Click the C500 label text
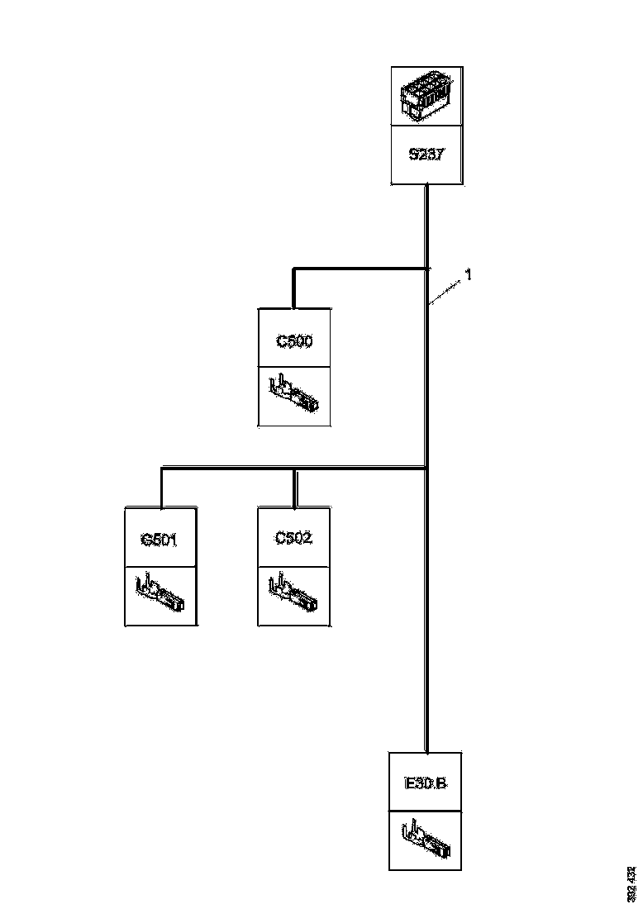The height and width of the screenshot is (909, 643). (294, 340)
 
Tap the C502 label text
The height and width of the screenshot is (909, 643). (294, 539)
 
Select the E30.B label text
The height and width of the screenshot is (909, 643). (426, 783)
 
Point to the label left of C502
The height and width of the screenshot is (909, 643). (160, 540)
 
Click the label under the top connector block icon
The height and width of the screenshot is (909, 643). (426, 155)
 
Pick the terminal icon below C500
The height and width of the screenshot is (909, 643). (294, 395)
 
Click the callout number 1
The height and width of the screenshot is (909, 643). (468, 275)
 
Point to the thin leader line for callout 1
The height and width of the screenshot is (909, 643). (445, 293)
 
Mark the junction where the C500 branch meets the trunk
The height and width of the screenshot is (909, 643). (426, 268)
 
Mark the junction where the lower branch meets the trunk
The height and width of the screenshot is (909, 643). (426, 469)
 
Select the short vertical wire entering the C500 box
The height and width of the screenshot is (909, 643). (293, 288)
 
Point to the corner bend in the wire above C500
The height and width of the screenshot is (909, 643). (293, 269)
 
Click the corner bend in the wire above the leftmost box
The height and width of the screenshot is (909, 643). (161, 469)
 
